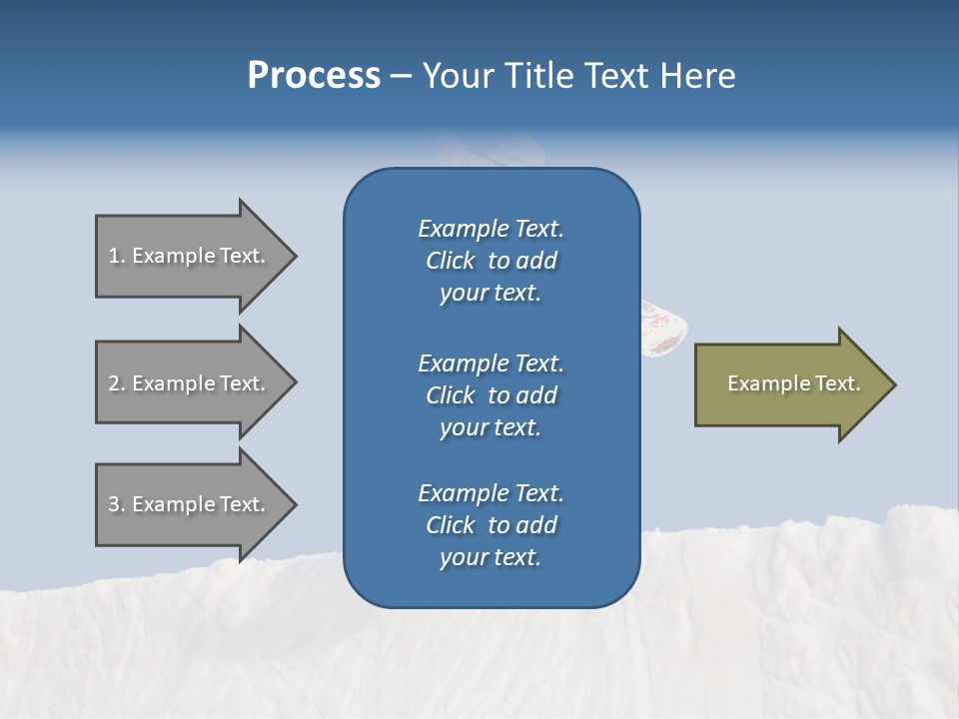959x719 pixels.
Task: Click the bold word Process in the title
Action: (x=314, y=76)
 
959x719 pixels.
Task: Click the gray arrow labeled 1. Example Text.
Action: (x=190, y=256)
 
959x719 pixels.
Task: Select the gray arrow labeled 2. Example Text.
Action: (x=190, y=383)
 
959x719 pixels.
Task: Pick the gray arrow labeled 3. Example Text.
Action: (x=190, y=504)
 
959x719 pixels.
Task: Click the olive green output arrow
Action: (x=789, y=384)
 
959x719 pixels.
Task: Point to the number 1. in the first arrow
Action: (x=117, y=256)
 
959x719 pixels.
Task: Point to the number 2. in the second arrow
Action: (x=117, y=383)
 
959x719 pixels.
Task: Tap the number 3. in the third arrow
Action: (x=117, y=504)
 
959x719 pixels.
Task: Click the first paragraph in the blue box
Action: (x=490, y=261)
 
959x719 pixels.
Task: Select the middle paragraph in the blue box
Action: (x=490, y=394)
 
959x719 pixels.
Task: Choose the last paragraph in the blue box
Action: (x=490, y=525)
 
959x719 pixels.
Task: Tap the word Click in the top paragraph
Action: (x=451, y=261)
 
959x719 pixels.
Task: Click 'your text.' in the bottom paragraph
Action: (x=490, y=557)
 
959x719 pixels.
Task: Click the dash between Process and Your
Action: (x=401, y=76)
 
